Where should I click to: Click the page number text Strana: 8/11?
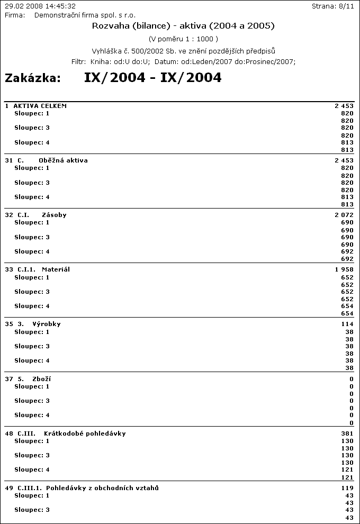(x=335, y=6)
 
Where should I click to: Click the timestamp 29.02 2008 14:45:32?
(x=40, y=6)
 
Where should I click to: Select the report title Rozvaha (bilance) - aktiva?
(x=183, y=25)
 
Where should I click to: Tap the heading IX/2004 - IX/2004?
(x=152, y=78)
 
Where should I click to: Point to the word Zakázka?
(x=33, y=78)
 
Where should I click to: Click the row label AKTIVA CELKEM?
(x=40, y=106)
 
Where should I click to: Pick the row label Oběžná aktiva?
(x=63, y=160)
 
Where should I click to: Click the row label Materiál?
(x=56, y=269)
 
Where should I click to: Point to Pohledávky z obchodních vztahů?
(x=102, y=488)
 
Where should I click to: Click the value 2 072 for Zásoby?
(x=344, y=215)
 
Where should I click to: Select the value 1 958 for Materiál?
(x=344, y=269)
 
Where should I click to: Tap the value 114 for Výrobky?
(x=347, y=324)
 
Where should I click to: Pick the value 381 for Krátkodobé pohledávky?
(x=347, y=433)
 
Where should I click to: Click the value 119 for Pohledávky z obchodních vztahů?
(x=347, y=488)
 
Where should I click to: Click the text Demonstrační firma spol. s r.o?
(x=85, y=15)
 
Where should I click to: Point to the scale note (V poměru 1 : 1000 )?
(x=183, y=39)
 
